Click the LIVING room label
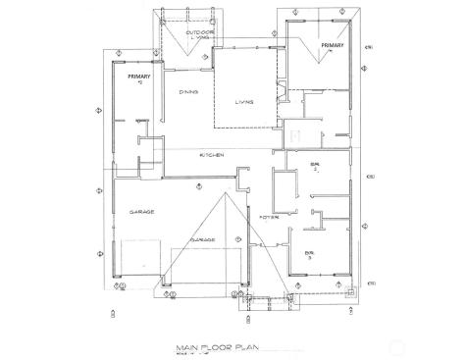pyautogui.click(x=244, y=102)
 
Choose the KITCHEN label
pyautogui.click(x=213, y=156)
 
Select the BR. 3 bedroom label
pyautogui.click(x=310, y=254)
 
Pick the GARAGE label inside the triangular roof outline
pyautogui.click(x=204, y=239)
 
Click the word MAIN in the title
pyautogui.click(x=186, y=346)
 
